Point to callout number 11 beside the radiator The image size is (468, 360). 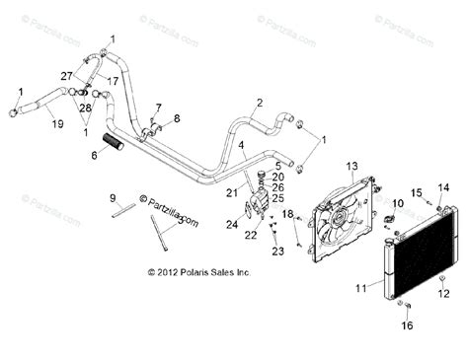(x=360, y=287)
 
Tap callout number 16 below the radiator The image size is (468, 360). (x=408, y=324)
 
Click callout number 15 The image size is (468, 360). (x=416, y=191)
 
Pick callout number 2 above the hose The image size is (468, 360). (x=259, y=103)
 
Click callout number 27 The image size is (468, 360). (x=66, y=76)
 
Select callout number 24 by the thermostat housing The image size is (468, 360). (x=232, y=224)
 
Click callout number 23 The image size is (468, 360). (x=277, y=252)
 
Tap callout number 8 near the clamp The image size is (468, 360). (x=178, y=119)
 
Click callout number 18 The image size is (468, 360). (x=286, y=213)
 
